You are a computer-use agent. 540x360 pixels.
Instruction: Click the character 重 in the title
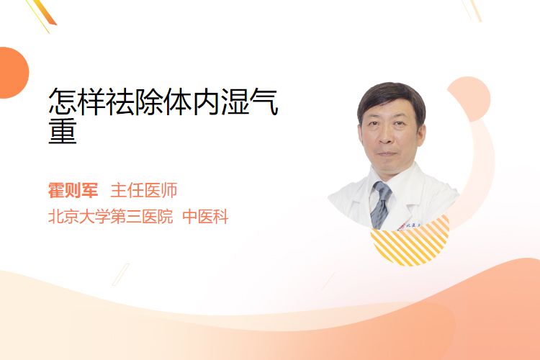click(x=63, y=131)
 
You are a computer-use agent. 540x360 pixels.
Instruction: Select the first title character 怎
click(x=63, y=102)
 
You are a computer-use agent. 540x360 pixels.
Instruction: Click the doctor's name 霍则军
click(x=73, y=190)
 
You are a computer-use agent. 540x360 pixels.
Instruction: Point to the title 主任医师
click(x=143, y=190)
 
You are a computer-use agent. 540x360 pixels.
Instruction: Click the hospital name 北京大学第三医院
click(x=110, y=217)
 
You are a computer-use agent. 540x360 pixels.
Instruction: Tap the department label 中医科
click(x=205, y=217)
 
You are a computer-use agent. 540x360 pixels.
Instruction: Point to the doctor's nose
click(x=385, y=137)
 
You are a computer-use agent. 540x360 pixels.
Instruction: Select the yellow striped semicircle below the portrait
click(x=410, y=243)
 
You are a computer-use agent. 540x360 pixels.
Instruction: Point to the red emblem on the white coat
click(x=401, y=226)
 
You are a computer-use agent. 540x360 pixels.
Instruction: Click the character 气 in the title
click(x=264, y=102)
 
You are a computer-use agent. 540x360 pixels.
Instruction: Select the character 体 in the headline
click(x=178, y=102)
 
